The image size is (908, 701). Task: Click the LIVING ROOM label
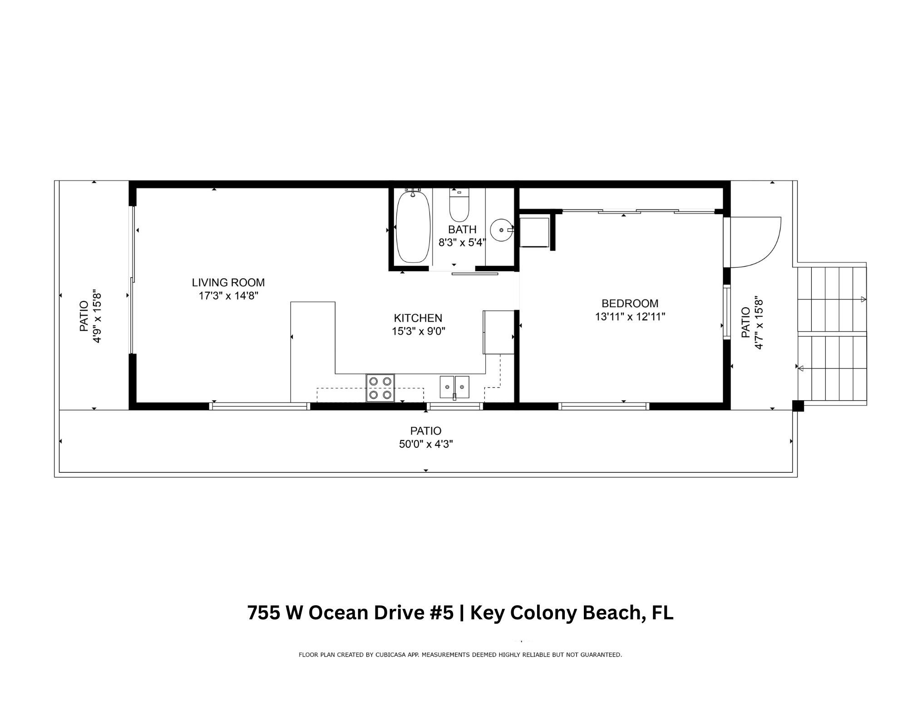228,282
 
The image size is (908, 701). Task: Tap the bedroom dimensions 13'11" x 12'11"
630,317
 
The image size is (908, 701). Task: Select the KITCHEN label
418,318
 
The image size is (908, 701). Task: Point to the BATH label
462,229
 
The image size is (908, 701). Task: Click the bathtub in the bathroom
413,227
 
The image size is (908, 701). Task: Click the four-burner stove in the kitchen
380,388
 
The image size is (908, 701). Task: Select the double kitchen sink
454,387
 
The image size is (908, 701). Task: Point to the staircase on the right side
832,335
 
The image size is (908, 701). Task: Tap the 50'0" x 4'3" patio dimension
426,444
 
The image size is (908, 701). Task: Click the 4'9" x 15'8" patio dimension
97,316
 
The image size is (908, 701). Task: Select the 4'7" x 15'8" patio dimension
759,323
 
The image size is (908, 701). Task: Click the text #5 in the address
441,613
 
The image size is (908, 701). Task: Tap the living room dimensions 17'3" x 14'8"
228,296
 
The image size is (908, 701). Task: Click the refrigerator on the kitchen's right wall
498,332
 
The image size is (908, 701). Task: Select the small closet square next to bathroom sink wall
534,232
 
